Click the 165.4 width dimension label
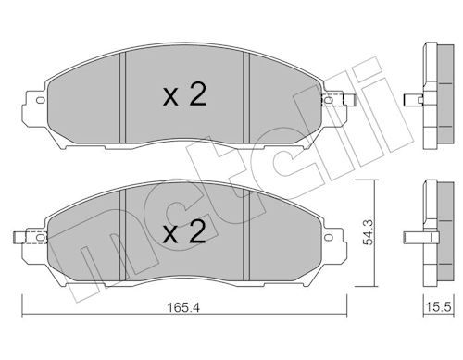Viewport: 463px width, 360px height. (183, 307)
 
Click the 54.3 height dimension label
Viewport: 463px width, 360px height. (368, 232)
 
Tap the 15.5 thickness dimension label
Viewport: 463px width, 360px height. (438, 307)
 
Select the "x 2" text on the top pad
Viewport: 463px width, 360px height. (184, 95)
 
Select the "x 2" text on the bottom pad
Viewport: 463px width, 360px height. (184, 232)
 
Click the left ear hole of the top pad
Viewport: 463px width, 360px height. (41, 100)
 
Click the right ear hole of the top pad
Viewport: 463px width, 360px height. (329, 100)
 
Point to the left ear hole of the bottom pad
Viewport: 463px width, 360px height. (41, 237)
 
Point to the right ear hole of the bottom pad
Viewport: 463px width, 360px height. (329, 237)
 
